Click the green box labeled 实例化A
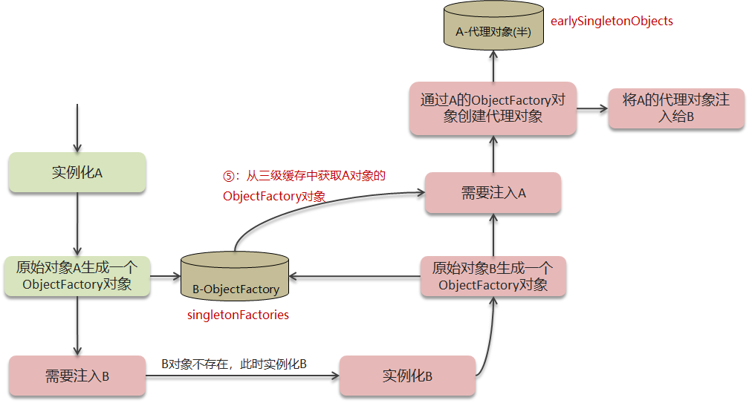point(77,172)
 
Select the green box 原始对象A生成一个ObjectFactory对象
point(77,276)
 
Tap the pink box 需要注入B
point(77,376)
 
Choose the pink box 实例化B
point(407,376)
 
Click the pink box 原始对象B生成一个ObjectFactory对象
point(493,276)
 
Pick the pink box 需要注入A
point(493,193)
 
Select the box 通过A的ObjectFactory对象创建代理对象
point(493,108)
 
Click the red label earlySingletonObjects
point(612,21)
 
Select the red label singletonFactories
point(238,315)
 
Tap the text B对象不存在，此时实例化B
point(235,364)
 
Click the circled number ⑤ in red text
point(229,176)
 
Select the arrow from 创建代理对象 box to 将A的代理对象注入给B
point(592,108)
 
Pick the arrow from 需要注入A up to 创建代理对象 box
point(493,154)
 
